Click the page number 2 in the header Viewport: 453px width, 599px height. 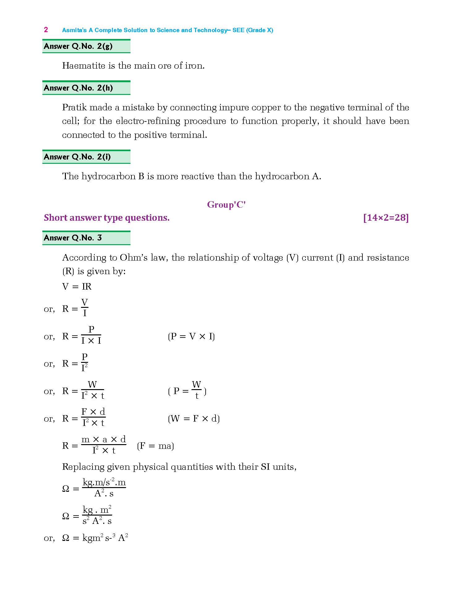46,30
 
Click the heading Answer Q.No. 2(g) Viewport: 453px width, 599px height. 78,46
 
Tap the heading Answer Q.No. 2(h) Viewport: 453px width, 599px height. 78,88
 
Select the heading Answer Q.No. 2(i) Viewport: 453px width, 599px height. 77,157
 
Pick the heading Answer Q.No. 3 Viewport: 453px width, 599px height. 73,238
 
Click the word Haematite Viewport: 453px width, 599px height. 83,66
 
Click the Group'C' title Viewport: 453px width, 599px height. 226,205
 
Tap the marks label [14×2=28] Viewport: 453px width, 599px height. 386,218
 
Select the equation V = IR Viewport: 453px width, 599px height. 77,287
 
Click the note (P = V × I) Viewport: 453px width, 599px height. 191,336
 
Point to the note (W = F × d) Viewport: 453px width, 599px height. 194,419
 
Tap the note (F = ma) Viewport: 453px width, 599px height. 155,446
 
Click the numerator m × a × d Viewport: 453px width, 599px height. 104,440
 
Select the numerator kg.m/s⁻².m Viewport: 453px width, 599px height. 104,482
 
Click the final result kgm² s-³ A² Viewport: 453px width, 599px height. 105,538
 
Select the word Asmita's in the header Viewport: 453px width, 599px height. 74,30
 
